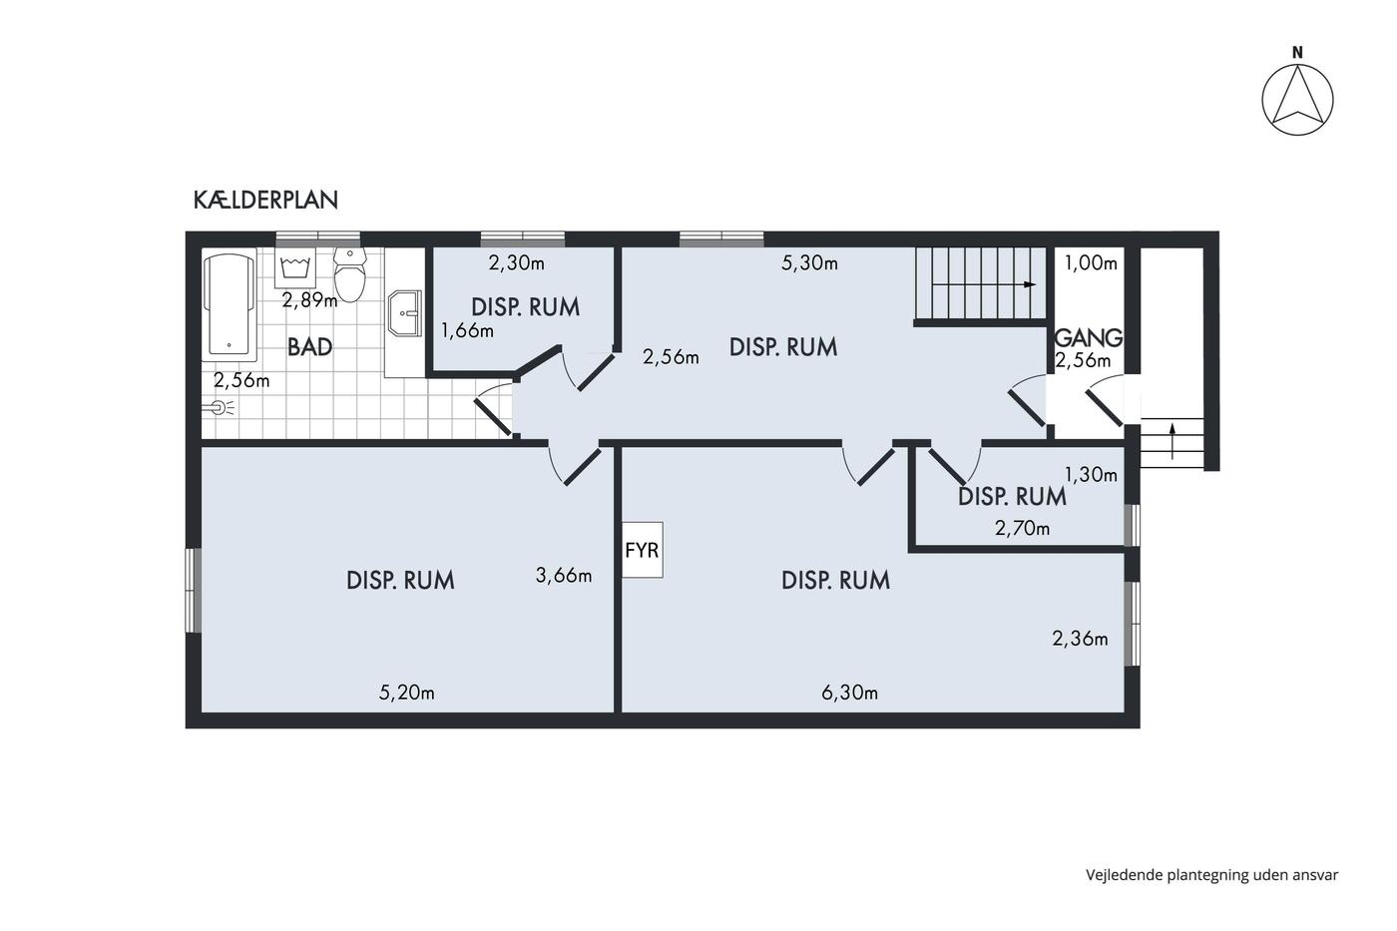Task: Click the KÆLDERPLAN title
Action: (x=265, y=201)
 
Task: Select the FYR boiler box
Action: (x=643, y=550)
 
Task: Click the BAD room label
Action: (x=309, y=347)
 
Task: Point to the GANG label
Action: (x=1089, y=338)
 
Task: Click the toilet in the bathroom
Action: (x=350, y=274)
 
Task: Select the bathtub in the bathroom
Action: (x=230, y=305)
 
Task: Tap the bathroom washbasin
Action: (x=404, y=313)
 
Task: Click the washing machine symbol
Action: (x=295, y=267)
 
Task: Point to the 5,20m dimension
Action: (x=407, y=693)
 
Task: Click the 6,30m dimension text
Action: (x=849, y=693)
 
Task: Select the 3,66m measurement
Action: (x=564, y=575)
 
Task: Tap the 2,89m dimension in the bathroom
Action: (x=310, y=300)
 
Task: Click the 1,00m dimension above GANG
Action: (x=1091, y=263)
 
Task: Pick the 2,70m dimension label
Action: (x=1022, y=529)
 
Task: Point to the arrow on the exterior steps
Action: (x=1171, y=441)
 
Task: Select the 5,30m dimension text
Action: (x=809, y=263)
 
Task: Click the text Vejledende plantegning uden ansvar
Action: (x=1211, y=875)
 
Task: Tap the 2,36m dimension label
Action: (x=1080, y=639)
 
